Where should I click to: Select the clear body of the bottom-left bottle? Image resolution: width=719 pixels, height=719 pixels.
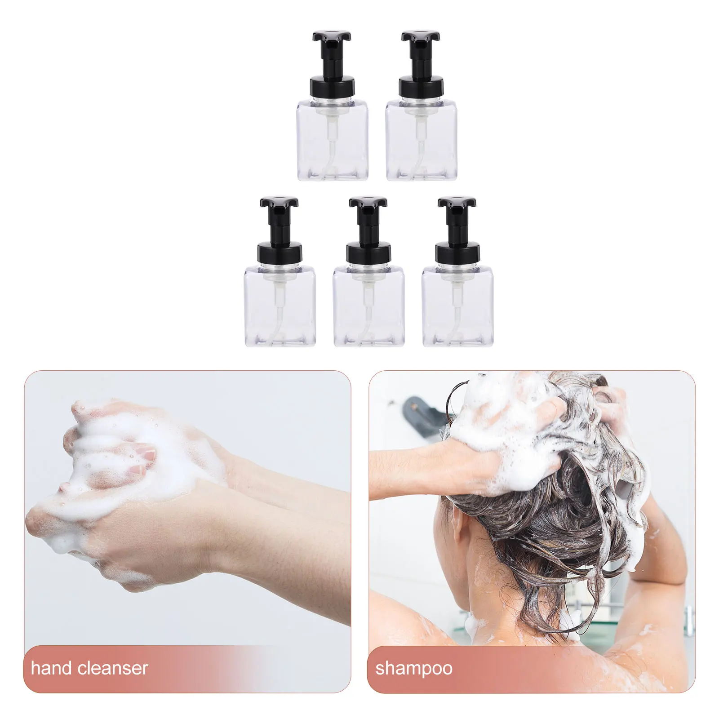[x=280, y=310]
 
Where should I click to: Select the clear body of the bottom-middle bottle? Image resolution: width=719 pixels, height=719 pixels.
[x=368, y=310]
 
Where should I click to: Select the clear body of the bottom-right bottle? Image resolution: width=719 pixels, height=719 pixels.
[x=457, y=310]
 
